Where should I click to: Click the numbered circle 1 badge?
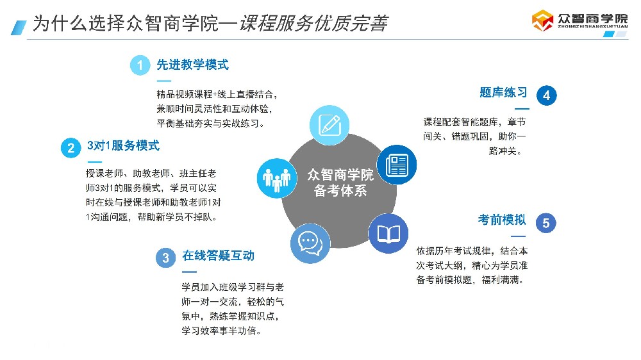coord(140,65)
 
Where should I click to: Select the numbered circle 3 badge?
coord(165,258)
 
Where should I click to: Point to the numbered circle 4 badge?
coord(546,95)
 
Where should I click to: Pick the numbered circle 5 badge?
coord(545,223)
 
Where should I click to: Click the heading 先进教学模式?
coord(192,65)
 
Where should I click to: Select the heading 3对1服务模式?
coord(123,146)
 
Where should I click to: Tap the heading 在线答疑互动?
coord(218,256)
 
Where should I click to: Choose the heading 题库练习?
coord(503,93)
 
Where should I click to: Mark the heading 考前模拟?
coord(502,220)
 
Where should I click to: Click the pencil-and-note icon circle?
coord(329,124)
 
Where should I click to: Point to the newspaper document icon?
coord(396,165)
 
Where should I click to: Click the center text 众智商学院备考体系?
coord(340,183)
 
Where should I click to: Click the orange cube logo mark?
coord(542,20)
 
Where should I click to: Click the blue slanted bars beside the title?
coord(19,26)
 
